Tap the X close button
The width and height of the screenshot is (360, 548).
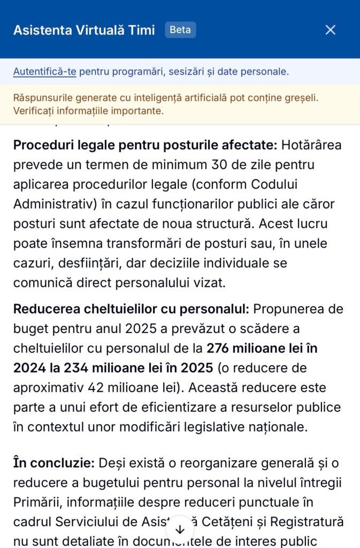331,30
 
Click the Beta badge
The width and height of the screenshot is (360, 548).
180,30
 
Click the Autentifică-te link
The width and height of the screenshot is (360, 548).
44,71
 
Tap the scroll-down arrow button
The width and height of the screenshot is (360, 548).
180,529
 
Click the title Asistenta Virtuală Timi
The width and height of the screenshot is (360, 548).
84,30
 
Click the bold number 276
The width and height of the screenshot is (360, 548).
220,348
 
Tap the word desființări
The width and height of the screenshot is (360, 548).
83,263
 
